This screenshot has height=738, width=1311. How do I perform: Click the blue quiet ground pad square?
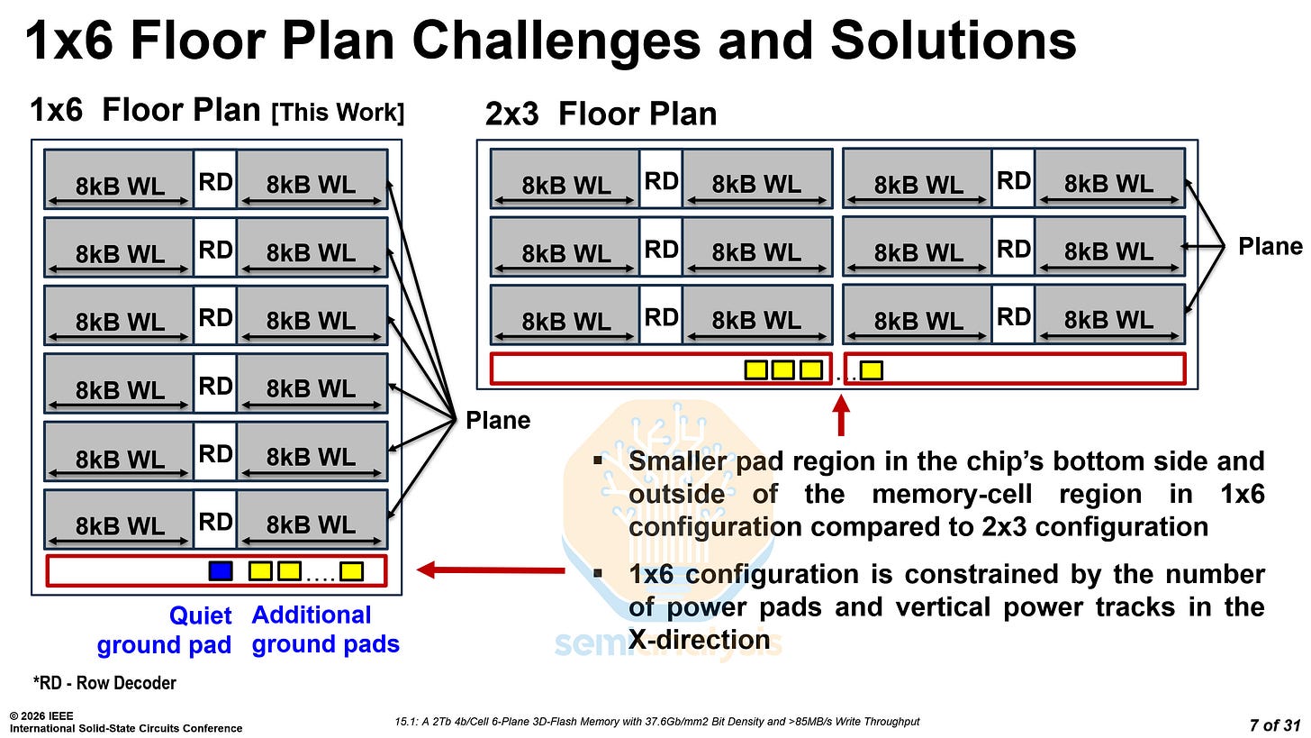(x=220, y=570)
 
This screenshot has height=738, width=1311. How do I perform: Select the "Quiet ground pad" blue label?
(x=164, y=631)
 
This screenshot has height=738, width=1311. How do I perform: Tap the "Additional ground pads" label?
(x=325, y=630)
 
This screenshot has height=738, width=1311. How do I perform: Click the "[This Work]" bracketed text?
(x=338, y=113)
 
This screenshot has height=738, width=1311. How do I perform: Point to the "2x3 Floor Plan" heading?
(x=601, y=114)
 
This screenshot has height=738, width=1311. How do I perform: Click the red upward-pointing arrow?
(x=841, y=415)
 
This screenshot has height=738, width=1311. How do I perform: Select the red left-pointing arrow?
(x=491, y=569)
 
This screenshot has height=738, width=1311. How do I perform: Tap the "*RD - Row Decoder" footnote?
(x=104, y=683)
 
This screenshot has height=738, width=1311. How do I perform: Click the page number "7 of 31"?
(x=1277, y=724)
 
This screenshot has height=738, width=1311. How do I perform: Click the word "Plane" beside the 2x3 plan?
(x=1270, y=247)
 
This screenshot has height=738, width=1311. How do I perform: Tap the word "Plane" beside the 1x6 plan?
(x=498, y=420)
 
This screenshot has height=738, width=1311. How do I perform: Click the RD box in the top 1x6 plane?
(x=215, y=182)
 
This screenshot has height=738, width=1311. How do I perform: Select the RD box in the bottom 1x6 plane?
(x=215, y=522)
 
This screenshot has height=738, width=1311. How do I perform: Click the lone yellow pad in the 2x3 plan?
(x=872, y=369)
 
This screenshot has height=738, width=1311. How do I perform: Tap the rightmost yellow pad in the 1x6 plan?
(x=351, y=570)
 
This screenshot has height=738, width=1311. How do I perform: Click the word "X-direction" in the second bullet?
(x=699, y=640)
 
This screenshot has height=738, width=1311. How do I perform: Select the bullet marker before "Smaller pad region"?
(x=598, y=461)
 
